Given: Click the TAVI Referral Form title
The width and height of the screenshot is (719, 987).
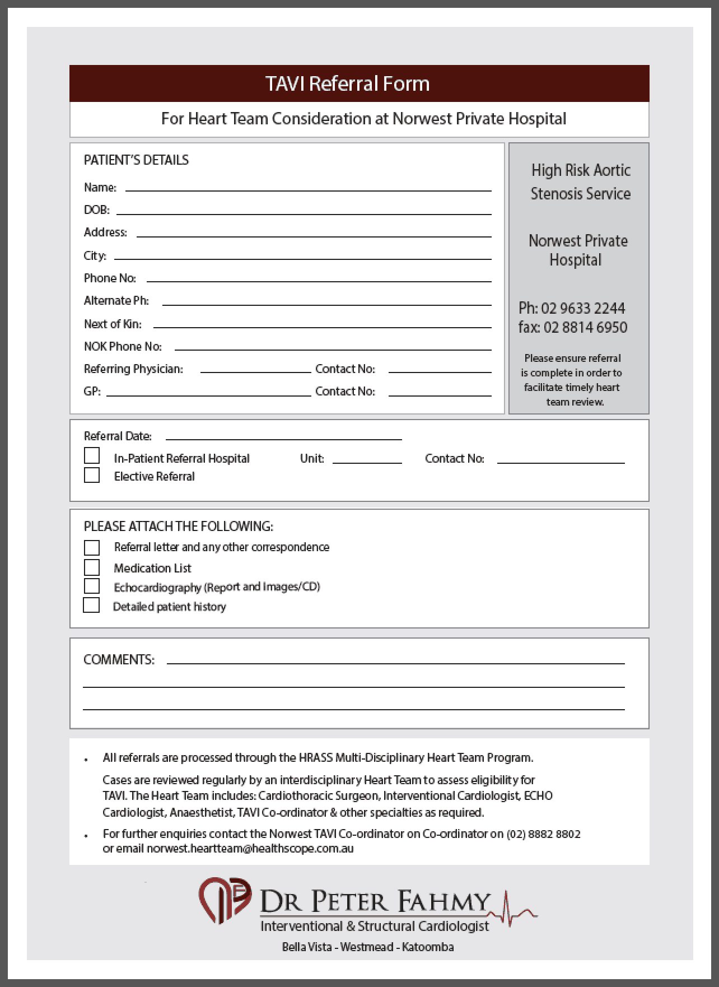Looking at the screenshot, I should tap(347, 83).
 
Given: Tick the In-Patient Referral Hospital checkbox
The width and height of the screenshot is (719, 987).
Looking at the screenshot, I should tap(92, 456).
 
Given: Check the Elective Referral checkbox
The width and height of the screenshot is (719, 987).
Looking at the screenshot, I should tap(92, 475).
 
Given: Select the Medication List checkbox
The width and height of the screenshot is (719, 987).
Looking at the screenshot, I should tap(92, 567).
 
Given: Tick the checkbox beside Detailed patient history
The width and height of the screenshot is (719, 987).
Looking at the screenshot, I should tap(91, 606).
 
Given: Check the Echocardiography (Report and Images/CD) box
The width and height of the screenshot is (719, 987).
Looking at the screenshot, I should tap(92, 586).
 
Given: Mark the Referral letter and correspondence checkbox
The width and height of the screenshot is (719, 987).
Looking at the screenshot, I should tap(92, 547).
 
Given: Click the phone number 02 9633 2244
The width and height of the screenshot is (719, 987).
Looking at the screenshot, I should tap(582, 308).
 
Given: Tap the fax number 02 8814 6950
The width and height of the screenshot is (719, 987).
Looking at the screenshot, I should tap(585, 327).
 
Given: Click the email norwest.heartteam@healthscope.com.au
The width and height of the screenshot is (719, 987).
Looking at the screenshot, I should tap(250, 849).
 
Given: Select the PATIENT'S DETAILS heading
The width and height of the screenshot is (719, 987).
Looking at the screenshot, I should tap(136, 160).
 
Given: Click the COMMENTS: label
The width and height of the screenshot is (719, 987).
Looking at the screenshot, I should tap(119, 660).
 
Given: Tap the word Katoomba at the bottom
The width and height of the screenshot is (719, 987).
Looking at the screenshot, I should tap(428, 947).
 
